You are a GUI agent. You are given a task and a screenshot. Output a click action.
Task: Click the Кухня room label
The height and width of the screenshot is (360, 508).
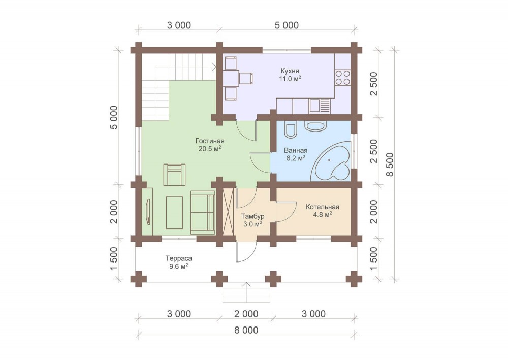click(290, 71)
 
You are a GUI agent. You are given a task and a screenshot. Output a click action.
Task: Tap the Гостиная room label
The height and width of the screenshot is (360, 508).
click(210, 141)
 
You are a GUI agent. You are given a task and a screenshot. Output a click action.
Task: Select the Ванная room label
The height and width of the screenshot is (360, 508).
click(296, 150)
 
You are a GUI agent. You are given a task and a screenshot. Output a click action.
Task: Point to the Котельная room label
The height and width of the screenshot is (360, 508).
click(323, 207)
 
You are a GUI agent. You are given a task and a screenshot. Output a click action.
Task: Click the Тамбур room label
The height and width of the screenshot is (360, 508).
click(252, 216)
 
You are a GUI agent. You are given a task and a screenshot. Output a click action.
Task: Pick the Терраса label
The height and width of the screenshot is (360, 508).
click(178, 258)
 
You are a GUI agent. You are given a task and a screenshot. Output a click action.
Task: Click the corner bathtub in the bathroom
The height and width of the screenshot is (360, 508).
click(331, 162)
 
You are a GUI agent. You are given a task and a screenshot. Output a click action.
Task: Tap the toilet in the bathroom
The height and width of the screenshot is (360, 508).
click(290, 129)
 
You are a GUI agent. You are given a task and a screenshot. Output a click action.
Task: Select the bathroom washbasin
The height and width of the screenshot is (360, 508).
click(315, 126)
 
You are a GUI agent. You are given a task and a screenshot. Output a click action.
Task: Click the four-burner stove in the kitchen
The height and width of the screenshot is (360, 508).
click(342, 77)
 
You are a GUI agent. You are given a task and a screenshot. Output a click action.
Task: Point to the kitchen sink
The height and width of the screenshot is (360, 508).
click(319, 106)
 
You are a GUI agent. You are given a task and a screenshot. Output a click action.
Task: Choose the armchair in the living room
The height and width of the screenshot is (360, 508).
click(175, 175)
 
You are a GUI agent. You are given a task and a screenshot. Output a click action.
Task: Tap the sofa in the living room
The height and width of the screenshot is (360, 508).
click(203, 212)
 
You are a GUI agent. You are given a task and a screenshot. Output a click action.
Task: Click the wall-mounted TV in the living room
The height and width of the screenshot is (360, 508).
click(149, 211)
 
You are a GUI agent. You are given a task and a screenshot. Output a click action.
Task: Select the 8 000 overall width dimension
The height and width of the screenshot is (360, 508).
click(246, 330)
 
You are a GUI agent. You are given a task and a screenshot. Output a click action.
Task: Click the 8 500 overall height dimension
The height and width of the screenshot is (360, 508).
click(390, 165)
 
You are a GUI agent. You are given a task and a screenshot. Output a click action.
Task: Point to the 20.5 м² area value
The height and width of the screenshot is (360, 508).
click(210, 149)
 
